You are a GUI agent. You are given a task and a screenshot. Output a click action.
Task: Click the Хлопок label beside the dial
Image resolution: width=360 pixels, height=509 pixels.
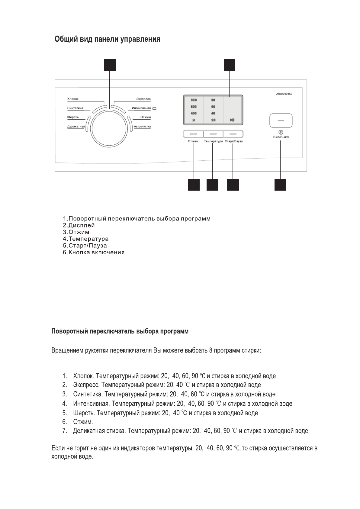(x=73, y=99)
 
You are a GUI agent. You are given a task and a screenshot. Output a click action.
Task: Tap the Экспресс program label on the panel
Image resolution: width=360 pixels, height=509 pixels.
(x=143, y=99)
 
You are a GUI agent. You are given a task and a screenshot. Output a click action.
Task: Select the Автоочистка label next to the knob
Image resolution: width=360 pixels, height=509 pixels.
(x=142, y=127)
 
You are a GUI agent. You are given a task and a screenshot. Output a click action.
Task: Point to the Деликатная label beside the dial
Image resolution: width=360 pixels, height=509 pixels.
(x=76, y=127)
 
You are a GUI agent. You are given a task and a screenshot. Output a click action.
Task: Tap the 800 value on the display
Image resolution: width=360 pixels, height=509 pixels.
(x=194, y=100)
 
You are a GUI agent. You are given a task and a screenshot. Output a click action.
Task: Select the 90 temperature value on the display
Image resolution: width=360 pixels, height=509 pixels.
(x=213, y=100)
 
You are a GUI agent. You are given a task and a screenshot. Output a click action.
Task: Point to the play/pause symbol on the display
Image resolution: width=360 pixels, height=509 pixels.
(x=232, y=120)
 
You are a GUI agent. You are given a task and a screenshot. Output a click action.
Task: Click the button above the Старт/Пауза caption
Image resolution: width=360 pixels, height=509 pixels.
(x=233, y=134)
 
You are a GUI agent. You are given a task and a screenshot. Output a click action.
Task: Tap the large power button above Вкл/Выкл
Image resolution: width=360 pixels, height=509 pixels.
(x=281, y=120)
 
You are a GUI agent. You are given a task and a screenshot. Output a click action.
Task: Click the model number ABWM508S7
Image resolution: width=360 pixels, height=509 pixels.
(x=284, y=94)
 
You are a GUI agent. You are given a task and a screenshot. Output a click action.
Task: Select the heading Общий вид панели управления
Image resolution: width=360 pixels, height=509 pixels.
(x=107, y=40)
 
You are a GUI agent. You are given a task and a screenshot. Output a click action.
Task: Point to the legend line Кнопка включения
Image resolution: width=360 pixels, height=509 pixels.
(x=96, y=252)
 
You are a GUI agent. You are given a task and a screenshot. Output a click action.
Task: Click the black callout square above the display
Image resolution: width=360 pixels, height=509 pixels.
(x=230, y=65)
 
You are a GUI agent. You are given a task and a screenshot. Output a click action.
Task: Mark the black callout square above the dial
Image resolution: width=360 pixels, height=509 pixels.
(x=110, y=65)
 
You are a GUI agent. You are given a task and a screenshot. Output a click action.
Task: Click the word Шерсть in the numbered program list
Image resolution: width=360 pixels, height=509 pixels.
(x=84, y=413)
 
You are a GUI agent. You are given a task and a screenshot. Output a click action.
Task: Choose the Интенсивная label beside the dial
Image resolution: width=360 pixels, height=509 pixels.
(x=141, y=108)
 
